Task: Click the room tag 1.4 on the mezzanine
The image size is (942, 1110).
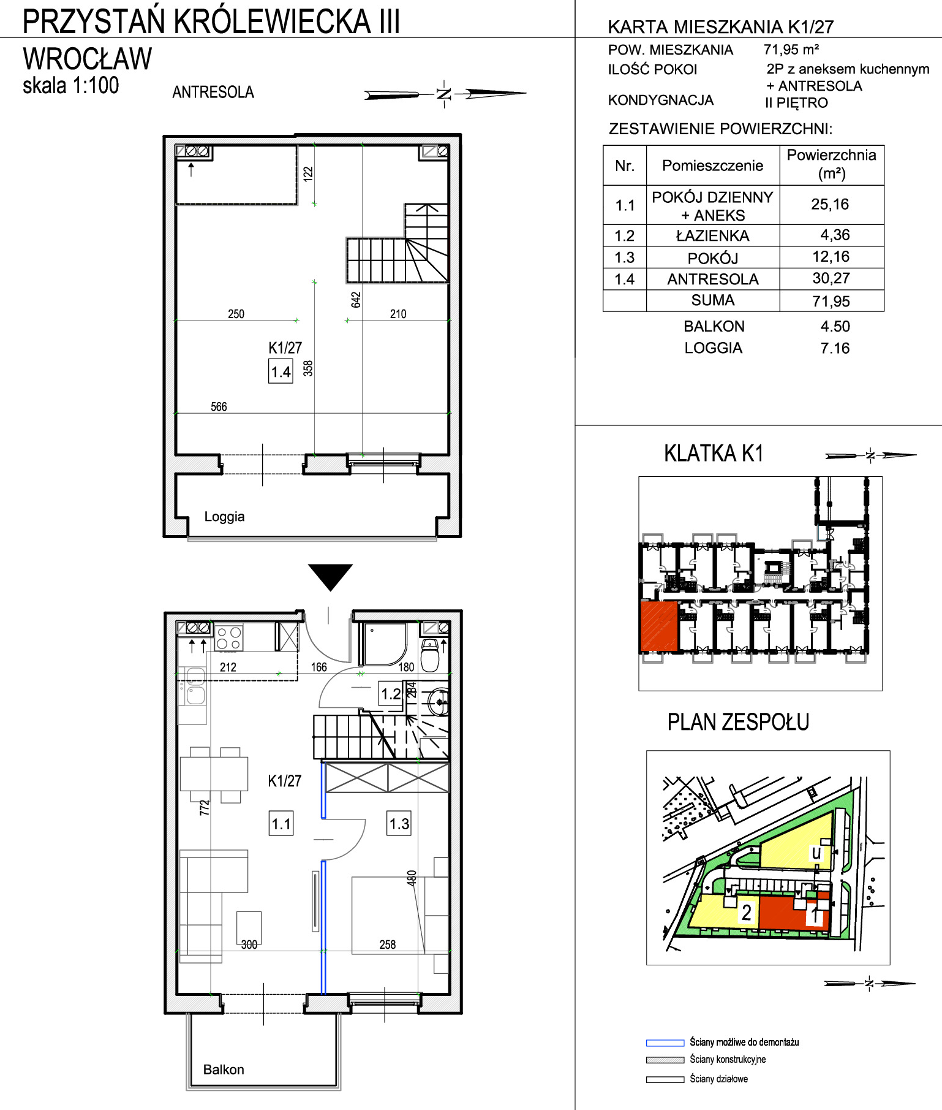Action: point(281,371)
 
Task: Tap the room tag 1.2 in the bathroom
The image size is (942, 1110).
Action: point(391,694)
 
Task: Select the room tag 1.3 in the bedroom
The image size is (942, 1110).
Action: point(399,823)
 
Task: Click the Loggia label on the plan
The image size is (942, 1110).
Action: point(224,517)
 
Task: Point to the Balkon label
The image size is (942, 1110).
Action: point(224,1070)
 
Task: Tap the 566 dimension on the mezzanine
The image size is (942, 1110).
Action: point(219,407)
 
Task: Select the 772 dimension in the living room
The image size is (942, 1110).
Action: point(205,807)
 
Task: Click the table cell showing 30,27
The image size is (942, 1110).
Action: point(831,278)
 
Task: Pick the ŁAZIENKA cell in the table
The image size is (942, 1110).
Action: point(712,235)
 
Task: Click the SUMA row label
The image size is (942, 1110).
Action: point(712,300)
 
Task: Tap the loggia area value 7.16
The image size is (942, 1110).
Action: point(835,348)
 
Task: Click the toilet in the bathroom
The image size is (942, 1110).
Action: point(431,654)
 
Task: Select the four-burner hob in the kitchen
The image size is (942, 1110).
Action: point(228,637)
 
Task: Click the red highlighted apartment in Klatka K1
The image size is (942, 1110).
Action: point(659,626)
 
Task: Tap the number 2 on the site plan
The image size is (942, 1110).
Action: point(746,913)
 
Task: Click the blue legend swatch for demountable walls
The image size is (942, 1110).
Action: point(665,1043)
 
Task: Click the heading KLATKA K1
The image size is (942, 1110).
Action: point(714,454)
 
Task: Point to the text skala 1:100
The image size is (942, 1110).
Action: point(71,85)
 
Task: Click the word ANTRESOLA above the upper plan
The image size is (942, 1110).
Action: point(213,92)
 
